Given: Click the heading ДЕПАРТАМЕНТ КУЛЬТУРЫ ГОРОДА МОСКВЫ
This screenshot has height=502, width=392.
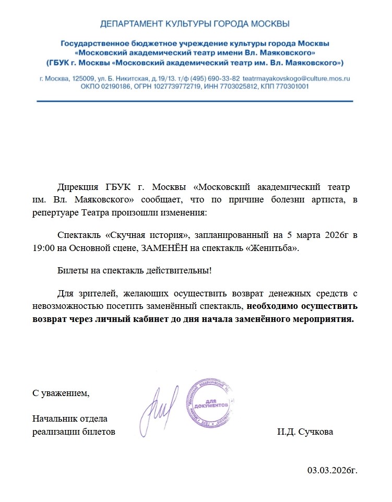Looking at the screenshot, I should click(195, 23).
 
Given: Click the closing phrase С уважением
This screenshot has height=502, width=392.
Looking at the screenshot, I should click(61, 393).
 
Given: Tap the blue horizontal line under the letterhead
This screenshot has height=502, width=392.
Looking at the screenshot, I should click(195, 101).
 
